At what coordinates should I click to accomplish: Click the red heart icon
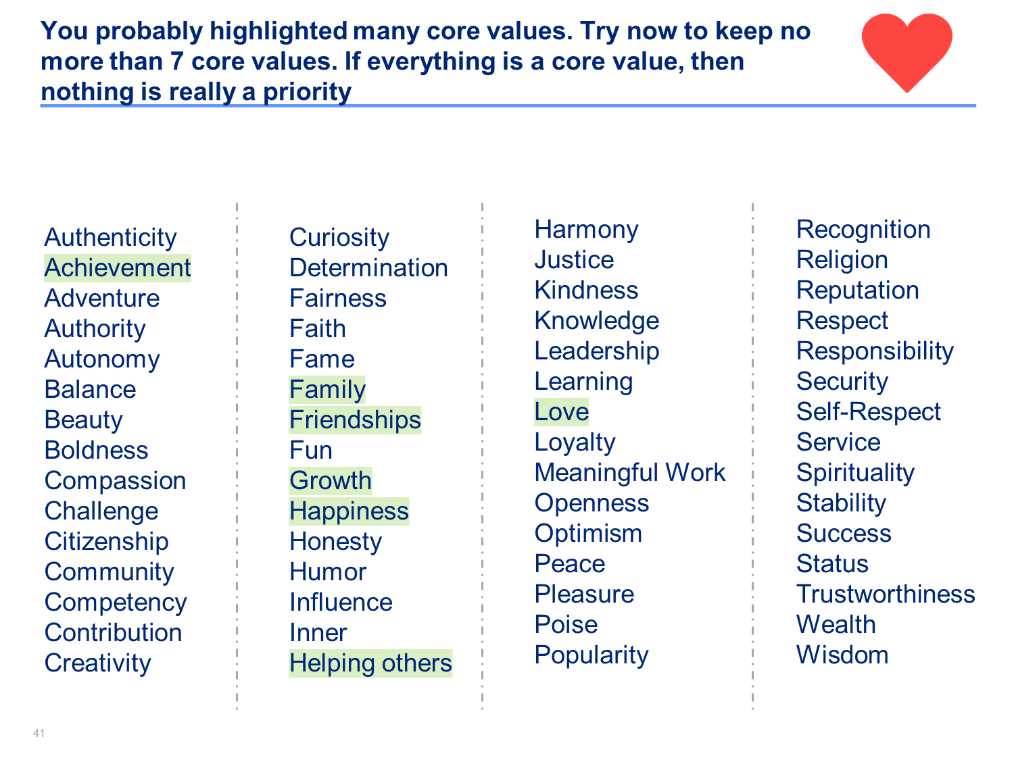click(907, 52)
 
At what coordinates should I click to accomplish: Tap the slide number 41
click(39, 733)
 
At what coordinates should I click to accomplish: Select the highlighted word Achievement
click(118, 268)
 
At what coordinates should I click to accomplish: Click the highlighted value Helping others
click(370, 663)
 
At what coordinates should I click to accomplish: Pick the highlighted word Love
click(561, 411)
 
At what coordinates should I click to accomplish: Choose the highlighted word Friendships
click(355, 420)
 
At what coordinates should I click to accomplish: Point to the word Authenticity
click(110, 238)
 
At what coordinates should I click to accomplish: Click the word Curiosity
click(339, 238)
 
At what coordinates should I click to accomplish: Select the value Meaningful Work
click(629, 473)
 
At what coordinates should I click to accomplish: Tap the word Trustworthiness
click(886, 594)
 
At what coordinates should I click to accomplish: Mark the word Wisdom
click(842, 655)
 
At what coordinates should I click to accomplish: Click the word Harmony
click(586, 230)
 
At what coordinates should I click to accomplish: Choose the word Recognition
click(863, 230)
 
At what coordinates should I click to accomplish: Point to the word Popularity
click(591, 655)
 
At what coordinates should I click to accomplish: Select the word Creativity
click(97, 663)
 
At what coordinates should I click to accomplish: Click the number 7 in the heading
click(176, 61)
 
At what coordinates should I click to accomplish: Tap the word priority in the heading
click(307, 93)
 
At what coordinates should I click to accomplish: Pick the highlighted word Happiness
click(349, 511)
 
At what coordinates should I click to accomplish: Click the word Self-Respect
click(869, 411)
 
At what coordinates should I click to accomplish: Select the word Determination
click(368, 268)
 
